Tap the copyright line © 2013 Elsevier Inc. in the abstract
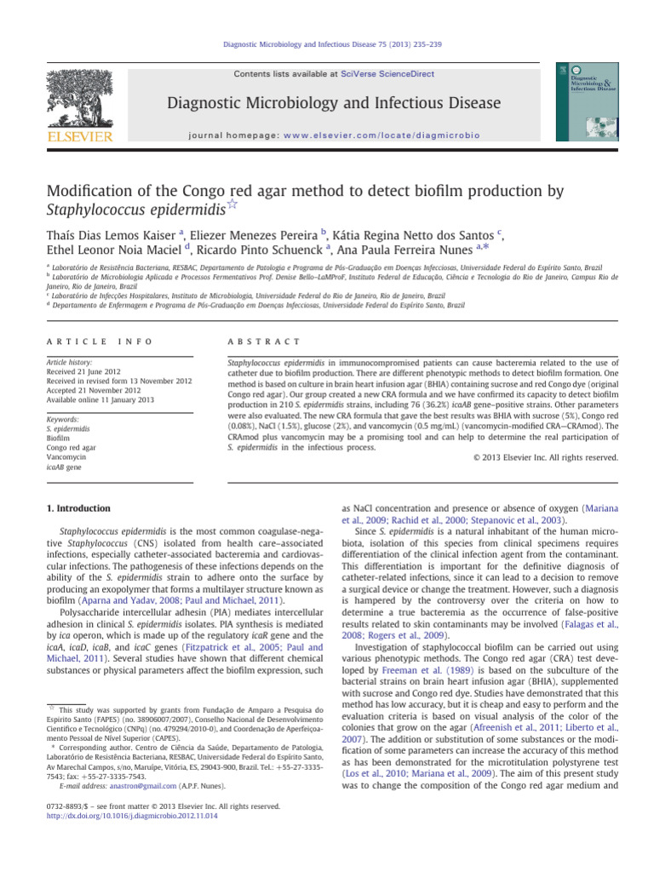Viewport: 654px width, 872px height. (545, 457)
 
